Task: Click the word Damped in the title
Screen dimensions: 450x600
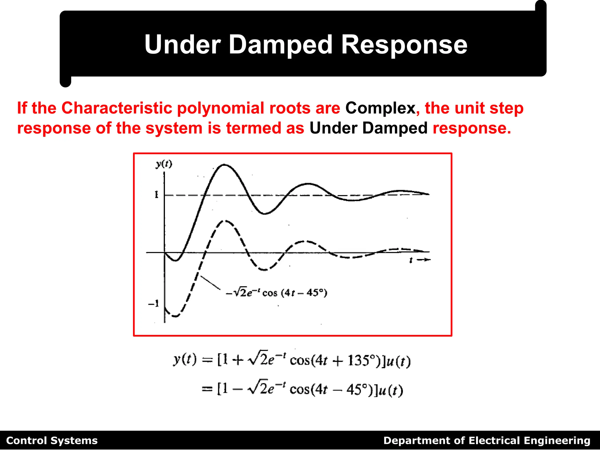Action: point(280,45)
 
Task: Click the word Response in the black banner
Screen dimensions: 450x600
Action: point(404,45)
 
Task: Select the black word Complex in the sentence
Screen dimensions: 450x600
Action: point(380,108)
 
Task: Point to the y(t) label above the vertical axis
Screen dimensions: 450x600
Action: point(164,164)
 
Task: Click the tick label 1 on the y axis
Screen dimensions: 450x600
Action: point(156,195)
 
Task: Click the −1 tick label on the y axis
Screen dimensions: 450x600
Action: point(154,303)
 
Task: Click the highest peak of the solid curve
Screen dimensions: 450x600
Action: point(224,165)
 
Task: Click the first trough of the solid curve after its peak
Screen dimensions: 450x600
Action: point(264,214)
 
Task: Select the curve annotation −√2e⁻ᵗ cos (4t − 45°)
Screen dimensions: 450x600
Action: point(276,293)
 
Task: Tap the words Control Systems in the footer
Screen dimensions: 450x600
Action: point(52,441)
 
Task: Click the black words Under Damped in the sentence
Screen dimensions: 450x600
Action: point(368,128)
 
